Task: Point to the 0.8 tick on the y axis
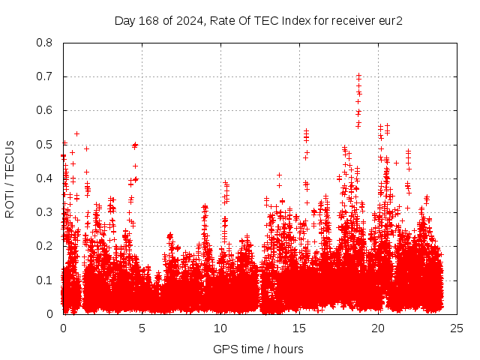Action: pos(45,43)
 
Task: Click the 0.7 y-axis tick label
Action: pos(45,76)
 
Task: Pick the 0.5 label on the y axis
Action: pos(45,144)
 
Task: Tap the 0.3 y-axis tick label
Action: pos(45,212)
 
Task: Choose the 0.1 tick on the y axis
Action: pos(45,280)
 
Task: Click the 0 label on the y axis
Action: pos(50,313)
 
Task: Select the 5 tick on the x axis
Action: pos(142,328)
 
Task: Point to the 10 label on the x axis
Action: pos(220,328)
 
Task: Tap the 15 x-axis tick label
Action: pos(299,328)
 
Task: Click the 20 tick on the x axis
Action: pos(378,328)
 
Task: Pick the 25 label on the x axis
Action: pos(457,328)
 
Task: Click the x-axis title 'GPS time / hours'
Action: pos(259,349)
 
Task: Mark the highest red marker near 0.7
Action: pos(358,75)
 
